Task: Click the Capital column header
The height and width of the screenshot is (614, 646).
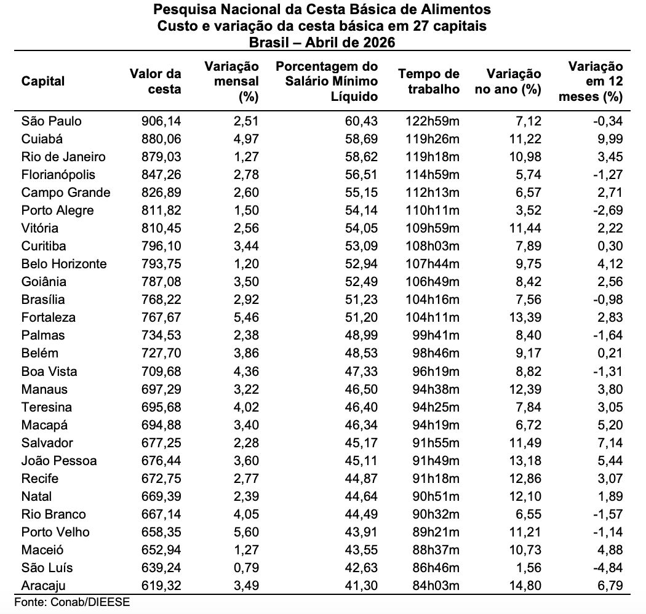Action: coord(43,81)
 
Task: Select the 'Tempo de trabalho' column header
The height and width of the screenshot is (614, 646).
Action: coord(428,81)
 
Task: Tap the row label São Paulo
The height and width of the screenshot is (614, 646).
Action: coord(52,121)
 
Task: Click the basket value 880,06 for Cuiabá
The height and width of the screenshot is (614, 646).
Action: coord(161,139)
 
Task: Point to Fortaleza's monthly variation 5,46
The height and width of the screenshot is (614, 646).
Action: coord(246,317)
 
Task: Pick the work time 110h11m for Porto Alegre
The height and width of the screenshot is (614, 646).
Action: coord(432,210)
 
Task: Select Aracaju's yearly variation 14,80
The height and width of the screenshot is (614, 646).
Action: coord(525,586)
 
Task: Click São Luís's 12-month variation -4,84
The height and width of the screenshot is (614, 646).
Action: coord(608,567)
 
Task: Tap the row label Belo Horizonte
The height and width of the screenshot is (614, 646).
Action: coord(64,264)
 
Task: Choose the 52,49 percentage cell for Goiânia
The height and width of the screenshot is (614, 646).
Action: coord(361,281)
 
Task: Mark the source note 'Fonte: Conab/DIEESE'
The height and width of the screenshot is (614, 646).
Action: coord(72,602)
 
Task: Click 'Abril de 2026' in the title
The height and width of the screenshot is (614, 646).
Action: coord(350,42)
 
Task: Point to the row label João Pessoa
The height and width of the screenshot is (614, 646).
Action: coord(59,460)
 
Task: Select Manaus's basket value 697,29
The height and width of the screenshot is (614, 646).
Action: coord(161,389)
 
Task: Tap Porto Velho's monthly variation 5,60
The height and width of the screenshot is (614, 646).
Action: coord(246,532)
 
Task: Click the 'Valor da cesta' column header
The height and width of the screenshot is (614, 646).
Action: coord(155,81)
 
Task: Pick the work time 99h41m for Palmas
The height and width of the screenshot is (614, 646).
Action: coord(436,335)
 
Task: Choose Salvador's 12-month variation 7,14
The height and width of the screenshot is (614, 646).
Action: coord(610,442)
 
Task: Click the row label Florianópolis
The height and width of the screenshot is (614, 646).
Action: coord(58,175)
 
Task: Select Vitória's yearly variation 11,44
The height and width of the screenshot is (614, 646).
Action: coord(525,228)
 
